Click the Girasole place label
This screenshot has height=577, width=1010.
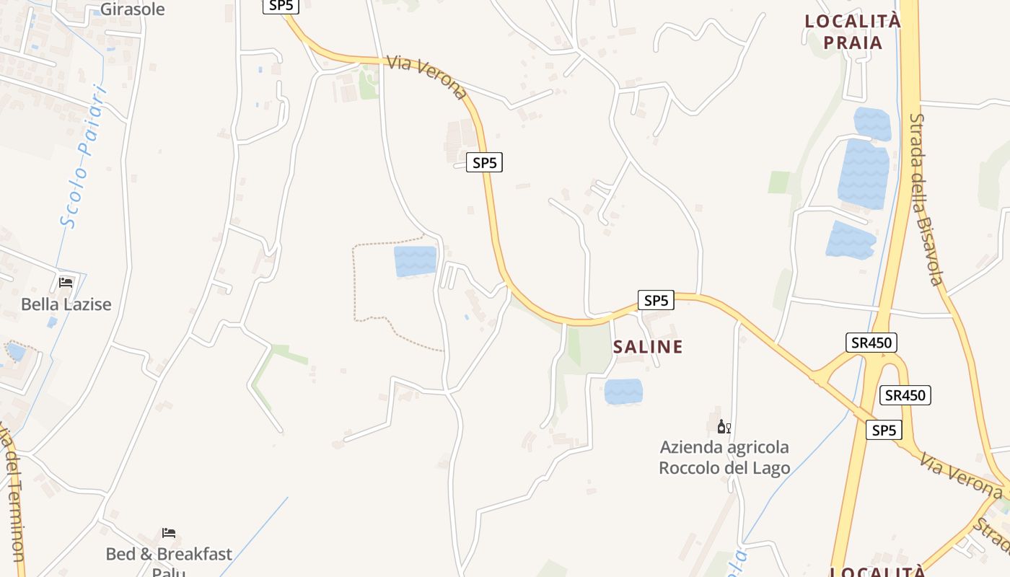132,9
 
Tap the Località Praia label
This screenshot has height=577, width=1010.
853,32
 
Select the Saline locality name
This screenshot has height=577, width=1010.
648,347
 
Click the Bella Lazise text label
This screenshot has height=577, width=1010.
66,304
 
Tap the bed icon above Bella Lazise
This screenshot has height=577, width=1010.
66,282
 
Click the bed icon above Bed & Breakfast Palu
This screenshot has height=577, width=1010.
169,533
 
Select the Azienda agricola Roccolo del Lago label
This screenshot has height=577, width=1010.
724,457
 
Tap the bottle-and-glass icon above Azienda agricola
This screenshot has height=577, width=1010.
724,426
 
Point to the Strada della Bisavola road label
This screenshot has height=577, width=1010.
926,199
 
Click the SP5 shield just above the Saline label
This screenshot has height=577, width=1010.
656,300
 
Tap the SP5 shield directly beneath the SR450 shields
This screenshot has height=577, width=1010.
884,431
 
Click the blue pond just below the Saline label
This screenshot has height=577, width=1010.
623,392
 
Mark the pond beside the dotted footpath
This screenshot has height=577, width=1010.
416,261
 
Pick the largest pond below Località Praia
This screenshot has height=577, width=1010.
864,174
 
